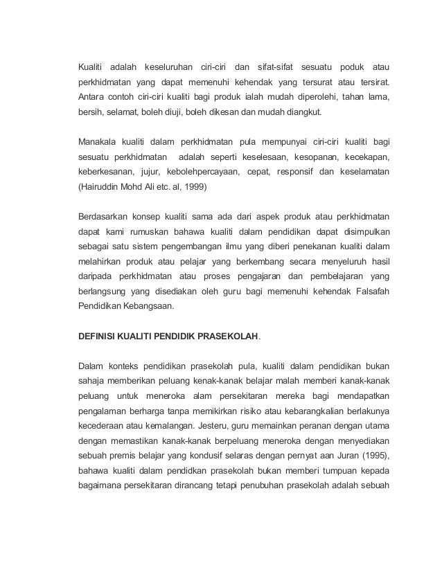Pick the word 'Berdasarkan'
tap(103, 219)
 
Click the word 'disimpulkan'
tap(360, 234)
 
